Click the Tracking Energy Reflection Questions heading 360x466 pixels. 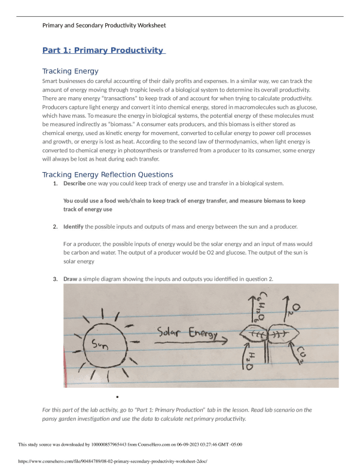point(108,174)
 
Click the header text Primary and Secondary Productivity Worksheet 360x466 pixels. point(104,25)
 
